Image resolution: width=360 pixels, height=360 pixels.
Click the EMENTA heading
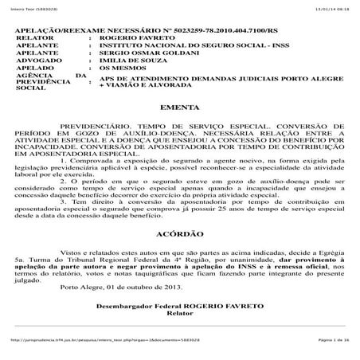coord(174,127)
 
